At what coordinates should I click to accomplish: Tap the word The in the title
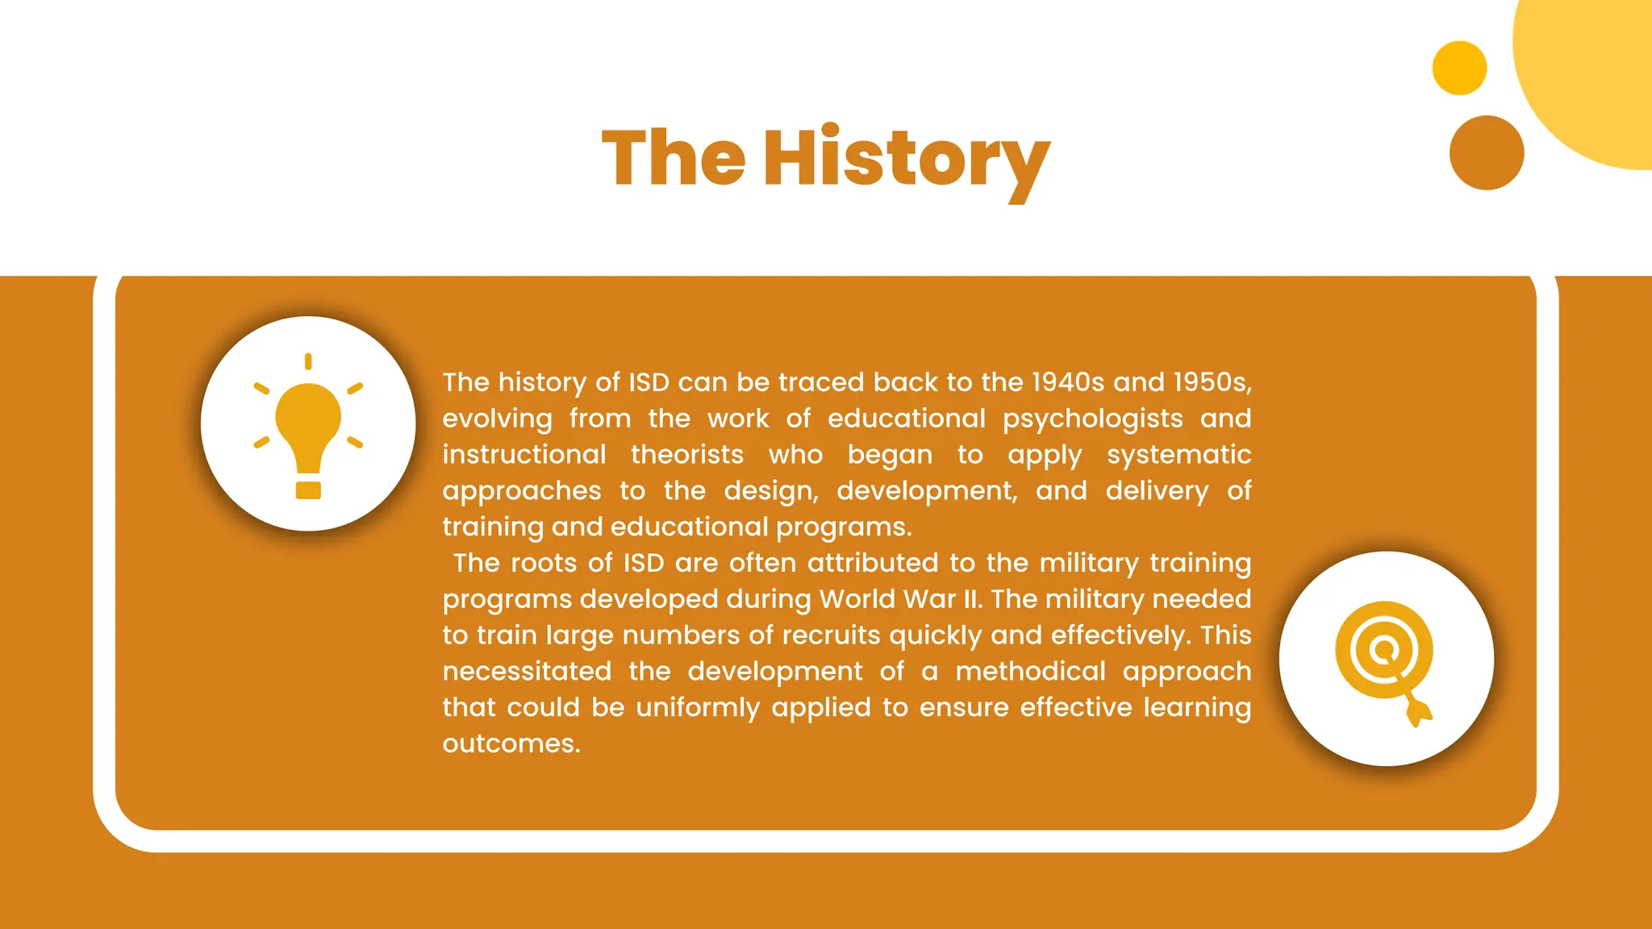(674, 158)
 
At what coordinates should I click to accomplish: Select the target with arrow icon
(1385, 660)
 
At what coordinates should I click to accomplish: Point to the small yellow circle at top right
(1459, 68)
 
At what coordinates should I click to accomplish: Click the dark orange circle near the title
(1486, 152)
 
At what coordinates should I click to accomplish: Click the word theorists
(686, 455)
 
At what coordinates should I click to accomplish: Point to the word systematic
(1179, 455)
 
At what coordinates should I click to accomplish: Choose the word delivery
(1157, 491)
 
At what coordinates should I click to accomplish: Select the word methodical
(1030, 672)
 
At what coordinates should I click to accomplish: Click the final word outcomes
(511, 744)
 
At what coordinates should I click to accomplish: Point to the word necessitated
(527, 672)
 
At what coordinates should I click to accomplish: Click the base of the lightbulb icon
(308, 490)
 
